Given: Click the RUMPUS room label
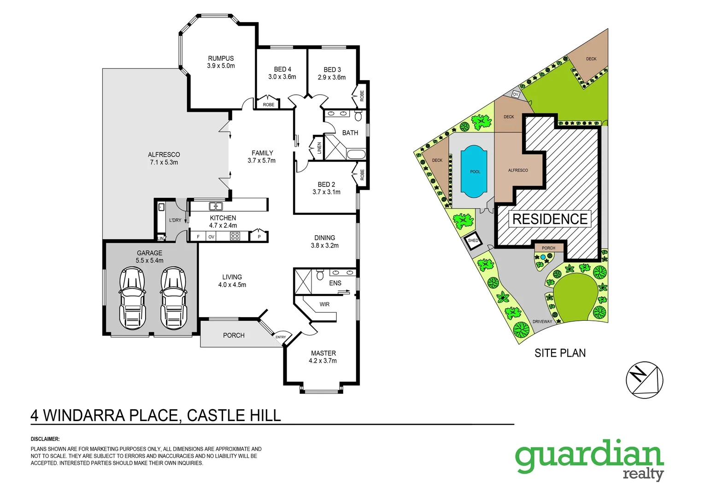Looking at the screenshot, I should coord(221,58).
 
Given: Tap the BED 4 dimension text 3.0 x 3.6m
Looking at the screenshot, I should coord(282,77).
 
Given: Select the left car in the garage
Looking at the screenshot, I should coord(132,298).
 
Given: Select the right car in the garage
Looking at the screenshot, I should coord(174,298).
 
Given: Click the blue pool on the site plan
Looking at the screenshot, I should coord(474,172).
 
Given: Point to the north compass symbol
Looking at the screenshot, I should coord(644,380).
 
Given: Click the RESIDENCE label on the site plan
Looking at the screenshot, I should coord(550,219).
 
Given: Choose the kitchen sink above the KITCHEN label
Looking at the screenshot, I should coord(216,206).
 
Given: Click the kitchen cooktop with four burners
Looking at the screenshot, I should coord(235,237).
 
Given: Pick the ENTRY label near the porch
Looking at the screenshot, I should coord(281,337).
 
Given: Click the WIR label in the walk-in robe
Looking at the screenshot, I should coord(324,304).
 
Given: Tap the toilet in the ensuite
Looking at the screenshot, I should coord(320,275).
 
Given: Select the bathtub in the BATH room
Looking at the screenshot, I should coord(355,154).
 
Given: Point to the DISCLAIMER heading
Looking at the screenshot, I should coord(45,439).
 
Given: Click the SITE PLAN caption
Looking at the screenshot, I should coord(560,353).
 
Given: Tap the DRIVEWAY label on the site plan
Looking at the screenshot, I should coord(542,322).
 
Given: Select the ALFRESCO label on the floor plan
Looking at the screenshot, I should coord(164,155).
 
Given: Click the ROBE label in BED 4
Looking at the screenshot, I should coord(268,105).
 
